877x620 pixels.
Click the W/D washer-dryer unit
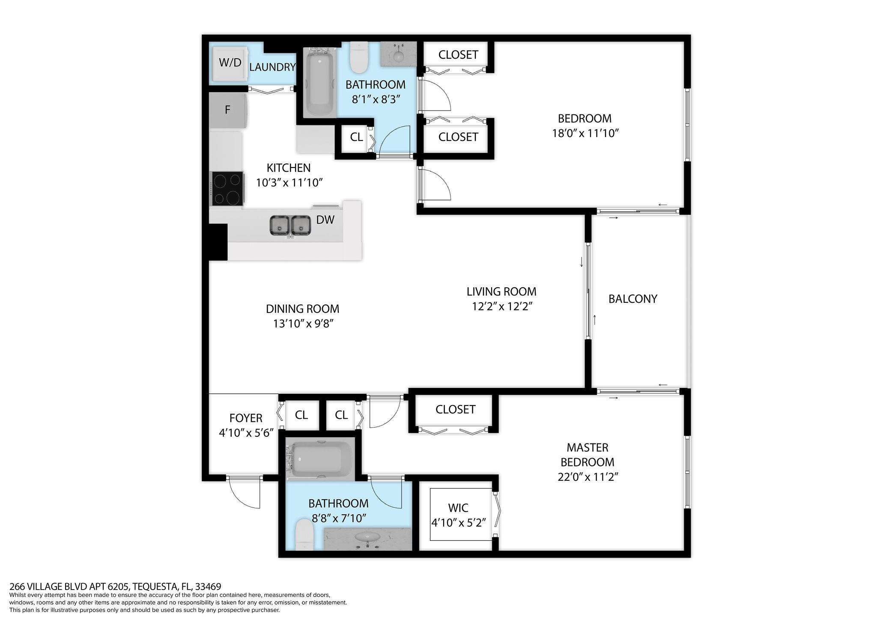click(x=230, y=63)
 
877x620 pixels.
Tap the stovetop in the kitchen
click(x=227, y=189)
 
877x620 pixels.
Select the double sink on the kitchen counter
click(x=290, y=225)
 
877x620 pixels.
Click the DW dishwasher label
click(x=325, y=220)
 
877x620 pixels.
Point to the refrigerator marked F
click(x=227, y=110)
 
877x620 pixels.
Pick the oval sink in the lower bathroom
click(x=367, y=537)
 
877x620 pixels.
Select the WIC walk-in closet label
click(x=458, y=508)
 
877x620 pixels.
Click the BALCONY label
click(x=632, y=299)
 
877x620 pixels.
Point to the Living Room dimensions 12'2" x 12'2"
click(x=501, y=307)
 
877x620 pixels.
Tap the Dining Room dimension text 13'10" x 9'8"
click(x=303, y=324)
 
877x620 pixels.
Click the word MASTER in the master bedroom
click(x=587, y=448)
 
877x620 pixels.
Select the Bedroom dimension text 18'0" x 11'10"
click(x=586, y=133)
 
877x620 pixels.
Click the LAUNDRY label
click(x=272, y=67)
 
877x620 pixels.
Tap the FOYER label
click(x=246, y=418)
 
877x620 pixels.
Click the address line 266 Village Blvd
click(x=115, y=586)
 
